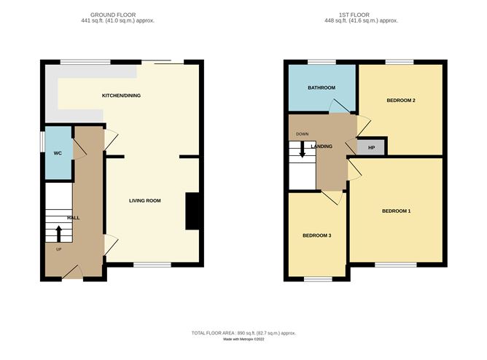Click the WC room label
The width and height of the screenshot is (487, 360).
pyautogui.click(x=58, y=154)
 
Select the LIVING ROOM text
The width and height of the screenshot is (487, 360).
pyautogui.click(x=145, y=200)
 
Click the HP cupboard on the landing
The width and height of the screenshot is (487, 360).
pyautogui.click(x=371, y=146)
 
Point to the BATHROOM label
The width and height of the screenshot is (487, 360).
pyautogui.click(x=321, y=87)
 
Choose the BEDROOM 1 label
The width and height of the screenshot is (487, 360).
pyautogui.click(x=397, y=211)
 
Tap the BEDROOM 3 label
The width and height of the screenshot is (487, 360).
pyautogui.click(x=317, y=235)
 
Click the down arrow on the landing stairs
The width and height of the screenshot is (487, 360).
pyautogui.click(x=302, y=151)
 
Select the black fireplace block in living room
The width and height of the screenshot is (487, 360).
pyautogui.click(x=193, y=211)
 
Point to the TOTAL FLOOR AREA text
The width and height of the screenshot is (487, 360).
pyautogui.click(x=243, y=332)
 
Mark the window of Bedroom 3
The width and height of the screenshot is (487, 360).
pyautogui.click(x=317, y=279)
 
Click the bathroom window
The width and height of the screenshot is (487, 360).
pyautogui.click(x=321, y=62)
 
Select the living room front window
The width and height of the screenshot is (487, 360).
pyautogui.click(x=152, y=265)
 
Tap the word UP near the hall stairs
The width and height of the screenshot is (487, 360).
pyautogui.click(x=59, y=249)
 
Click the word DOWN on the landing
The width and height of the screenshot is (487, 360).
pyautogui.click(x=302, y=134)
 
